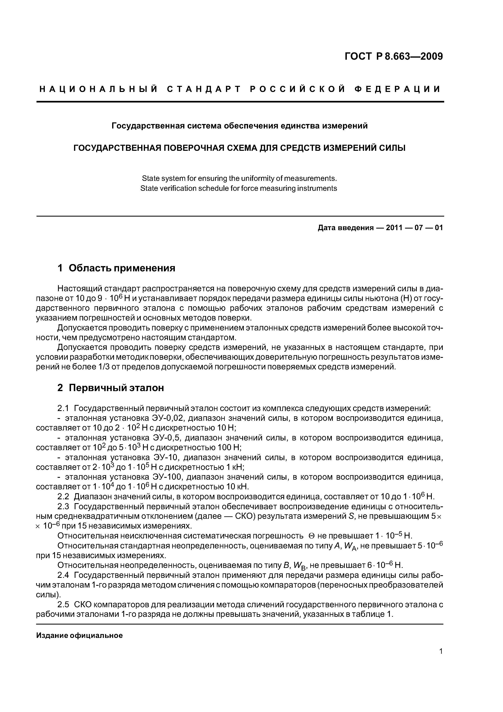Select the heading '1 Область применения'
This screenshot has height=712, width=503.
point(117,268)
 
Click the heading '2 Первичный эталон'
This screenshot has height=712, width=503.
point(111,388)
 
